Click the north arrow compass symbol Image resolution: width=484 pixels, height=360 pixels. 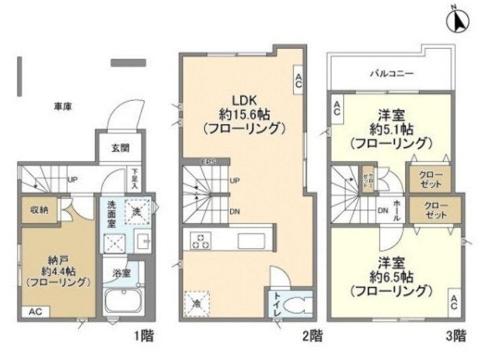coord(459,19)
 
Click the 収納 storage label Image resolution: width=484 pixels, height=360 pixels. coord(39,210)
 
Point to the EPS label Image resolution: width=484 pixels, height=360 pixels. coord(207,162)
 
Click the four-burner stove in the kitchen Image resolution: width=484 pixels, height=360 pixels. coord(199,240)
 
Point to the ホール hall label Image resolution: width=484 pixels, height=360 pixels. coord(398,208)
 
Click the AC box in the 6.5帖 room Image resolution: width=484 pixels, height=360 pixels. coord(454,302)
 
